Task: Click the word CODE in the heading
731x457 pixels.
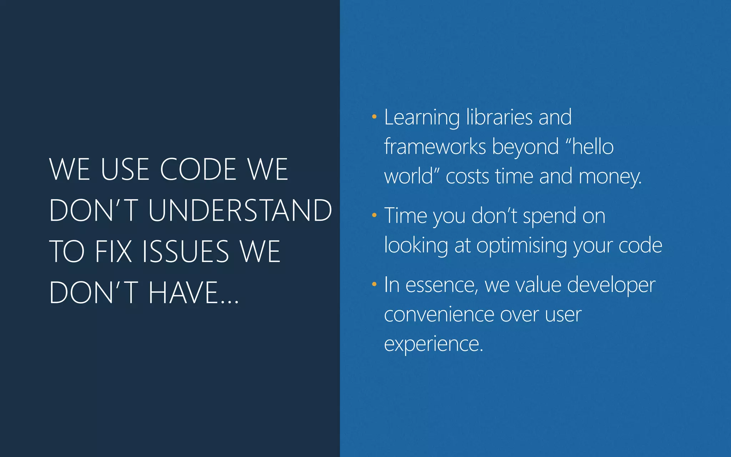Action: tap(198, 169)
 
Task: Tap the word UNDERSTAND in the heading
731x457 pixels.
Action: tap(240, 210)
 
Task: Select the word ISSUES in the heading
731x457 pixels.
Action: tap(185, 251)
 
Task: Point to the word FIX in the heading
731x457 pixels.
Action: tap(114, 251)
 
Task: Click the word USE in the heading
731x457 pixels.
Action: tap(125, 169)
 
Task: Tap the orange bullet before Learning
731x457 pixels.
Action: tap(374, 117)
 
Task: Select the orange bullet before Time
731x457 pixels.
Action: tap(374, 215)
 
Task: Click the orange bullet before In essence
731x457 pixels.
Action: tap(374, 285)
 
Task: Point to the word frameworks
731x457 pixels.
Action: tap(435, 147)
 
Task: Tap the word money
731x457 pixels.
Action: tap(610, 177)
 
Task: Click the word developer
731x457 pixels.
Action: tap(611, 286)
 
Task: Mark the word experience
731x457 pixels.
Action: tap(433, 344)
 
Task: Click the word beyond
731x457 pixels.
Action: tap(525, 147)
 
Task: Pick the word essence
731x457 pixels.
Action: tap(442, 285)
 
